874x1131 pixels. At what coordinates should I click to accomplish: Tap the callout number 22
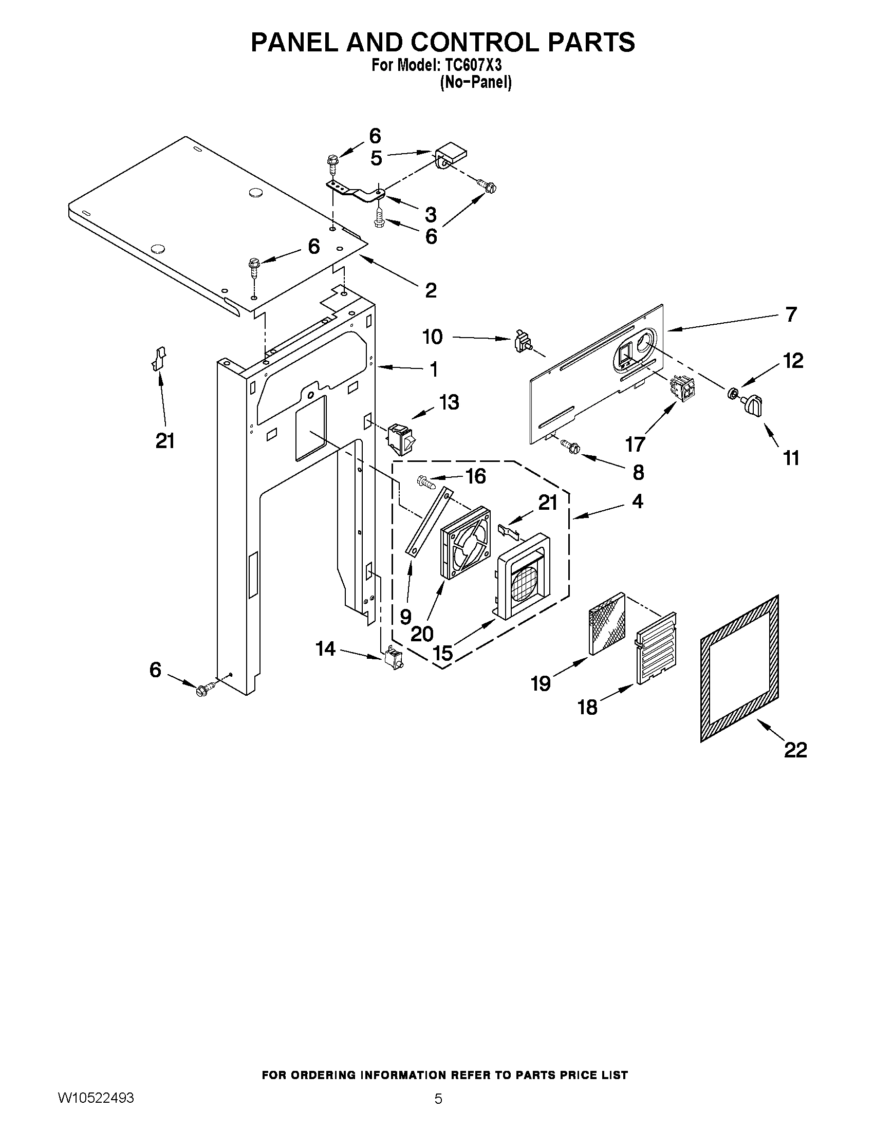795,750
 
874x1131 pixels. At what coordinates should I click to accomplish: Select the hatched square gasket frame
739,668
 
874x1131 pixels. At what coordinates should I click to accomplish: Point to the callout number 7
791,314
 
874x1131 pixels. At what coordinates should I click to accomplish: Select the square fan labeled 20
464,541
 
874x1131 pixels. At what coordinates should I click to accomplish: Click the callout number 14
326,648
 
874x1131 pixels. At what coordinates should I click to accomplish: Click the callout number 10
432,337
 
